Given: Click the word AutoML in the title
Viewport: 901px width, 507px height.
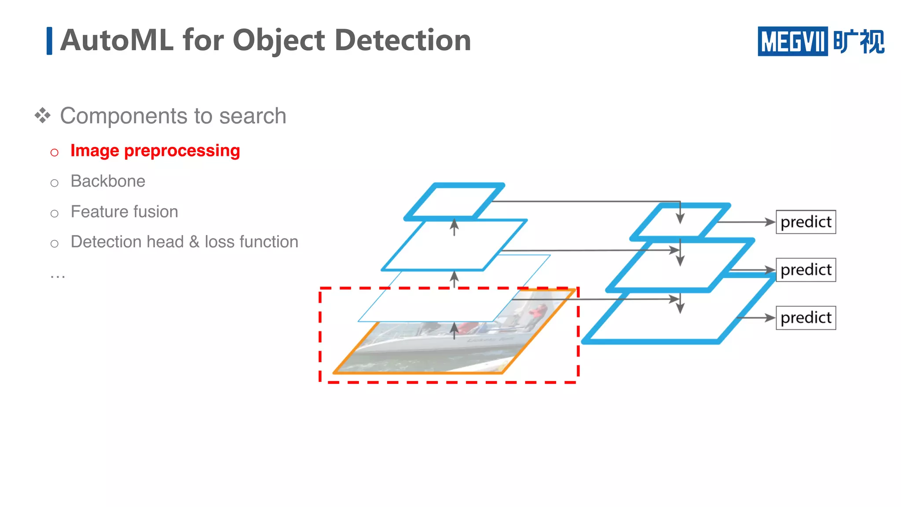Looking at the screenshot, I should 117,40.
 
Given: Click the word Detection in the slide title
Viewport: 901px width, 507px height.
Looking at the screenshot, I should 403,40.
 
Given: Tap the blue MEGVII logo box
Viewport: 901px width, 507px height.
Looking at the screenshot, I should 792,41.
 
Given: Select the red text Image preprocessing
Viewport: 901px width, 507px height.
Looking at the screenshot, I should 155,151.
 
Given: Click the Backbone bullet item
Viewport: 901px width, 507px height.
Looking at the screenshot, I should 108,181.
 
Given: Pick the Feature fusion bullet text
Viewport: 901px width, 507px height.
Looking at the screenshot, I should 124,212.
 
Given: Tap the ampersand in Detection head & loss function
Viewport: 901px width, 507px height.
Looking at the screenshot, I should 194,242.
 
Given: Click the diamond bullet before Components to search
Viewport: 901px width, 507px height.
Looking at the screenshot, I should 43,116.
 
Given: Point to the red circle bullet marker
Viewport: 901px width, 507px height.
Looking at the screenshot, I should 55,153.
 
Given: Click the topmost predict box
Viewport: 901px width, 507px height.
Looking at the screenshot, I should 806,222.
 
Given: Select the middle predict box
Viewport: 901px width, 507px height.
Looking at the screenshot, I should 806,270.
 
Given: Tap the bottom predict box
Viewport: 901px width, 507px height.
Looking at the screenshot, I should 806,318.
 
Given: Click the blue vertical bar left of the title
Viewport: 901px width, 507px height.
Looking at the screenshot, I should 49,41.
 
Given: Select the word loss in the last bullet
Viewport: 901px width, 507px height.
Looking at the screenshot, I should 220,242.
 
